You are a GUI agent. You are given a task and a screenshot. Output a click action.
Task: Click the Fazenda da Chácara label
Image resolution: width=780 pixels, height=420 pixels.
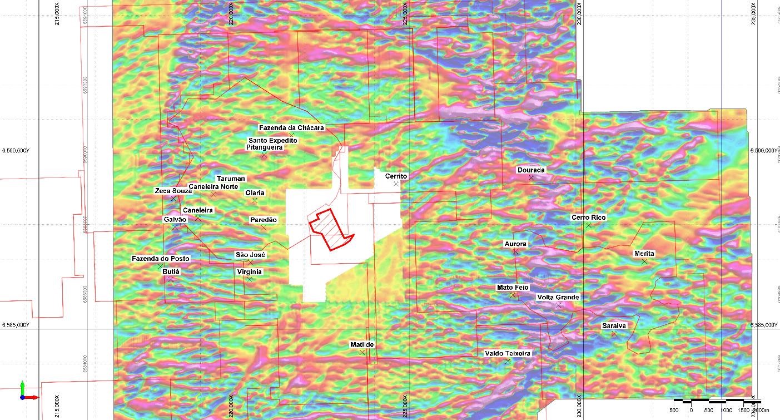(291, 128)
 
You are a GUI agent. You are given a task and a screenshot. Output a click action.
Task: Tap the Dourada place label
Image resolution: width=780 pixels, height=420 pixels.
(531, 170)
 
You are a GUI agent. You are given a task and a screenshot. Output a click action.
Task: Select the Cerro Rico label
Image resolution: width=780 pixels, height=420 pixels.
(589, 218)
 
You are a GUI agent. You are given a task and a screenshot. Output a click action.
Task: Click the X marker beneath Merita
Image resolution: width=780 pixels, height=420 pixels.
(644, 261)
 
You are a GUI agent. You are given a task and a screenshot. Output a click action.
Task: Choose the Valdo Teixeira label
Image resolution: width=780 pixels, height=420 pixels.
(508, 353)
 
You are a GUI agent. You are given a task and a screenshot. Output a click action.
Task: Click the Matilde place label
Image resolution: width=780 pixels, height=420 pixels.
(362, 345)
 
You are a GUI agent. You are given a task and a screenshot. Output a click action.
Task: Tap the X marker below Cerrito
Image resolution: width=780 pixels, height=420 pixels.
(396, 184)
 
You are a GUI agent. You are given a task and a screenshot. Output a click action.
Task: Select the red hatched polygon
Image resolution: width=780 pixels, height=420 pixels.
(331, 230)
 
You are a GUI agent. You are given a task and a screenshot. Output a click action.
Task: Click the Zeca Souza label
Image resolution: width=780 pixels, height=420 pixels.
(173, 191)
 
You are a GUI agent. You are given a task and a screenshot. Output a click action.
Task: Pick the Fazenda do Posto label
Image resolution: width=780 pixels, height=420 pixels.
(160, 259)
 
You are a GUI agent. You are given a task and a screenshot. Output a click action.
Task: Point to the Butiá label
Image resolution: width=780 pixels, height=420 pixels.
(170, 271)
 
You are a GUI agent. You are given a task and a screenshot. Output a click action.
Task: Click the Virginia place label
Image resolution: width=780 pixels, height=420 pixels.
(249, 271)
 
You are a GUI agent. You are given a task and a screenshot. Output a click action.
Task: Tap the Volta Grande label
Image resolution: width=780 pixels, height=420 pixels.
(558, 297)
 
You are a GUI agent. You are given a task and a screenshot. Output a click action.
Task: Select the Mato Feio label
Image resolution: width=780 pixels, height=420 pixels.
(513, 287)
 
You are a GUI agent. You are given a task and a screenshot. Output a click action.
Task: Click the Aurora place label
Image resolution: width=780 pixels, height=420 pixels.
(515, 244)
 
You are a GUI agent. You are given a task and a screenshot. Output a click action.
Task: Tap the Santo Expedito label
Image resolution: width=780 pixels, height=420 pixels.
(273, 141)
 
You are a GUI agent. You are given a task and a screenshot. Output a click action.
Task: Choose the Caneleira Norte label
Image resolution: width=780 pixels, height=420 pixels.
(213, 186)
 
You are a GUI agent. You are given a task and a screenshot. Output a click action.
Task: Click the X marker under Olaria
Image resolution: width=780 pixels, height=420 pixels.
(255, 200)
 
